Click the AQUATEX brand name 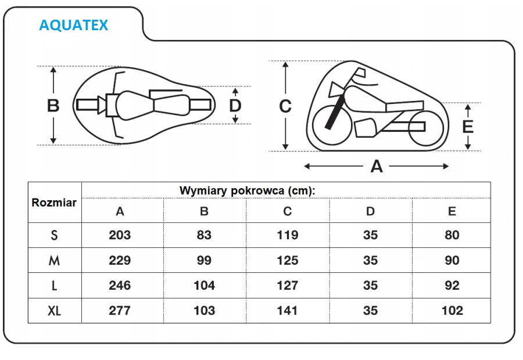[x=73, y=26]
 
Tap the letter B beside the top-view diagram [x=53, y=106]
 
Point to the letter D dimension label [x=235, y=106]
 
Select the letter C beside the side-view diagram [x=285, y=107]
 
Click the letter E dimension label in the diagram [x=468, y=127]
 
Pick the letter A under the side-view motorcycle [x=377, y=167]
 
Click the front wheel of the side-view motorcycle [x=332, y=125]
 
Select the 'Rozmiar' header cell [x=54, y=203]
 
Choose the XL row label [x=54, y=311]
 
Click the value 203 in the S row [x=120, y=235]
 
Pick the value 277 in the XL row [x=120, y=311]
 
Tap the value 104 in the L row [x=204, y=286]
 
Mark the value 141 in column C [x=287, y=311]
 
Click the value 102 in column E [x=452, y=311]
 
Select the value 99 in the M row [x=204, y=261]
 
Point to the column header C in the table [x=287, y=211]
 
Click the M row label [x=54, y=261]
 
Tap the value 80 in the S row [x=452, y=235]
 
